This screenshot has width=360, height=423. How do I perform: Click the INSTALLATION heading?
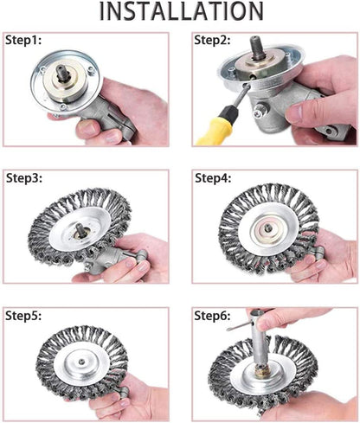tap(180, 11)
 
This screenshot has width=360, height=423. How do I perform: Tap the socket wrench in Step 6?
tap(260, 346)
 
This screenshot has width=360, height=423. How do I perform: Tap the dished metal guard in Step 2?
tap(260, 82)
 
